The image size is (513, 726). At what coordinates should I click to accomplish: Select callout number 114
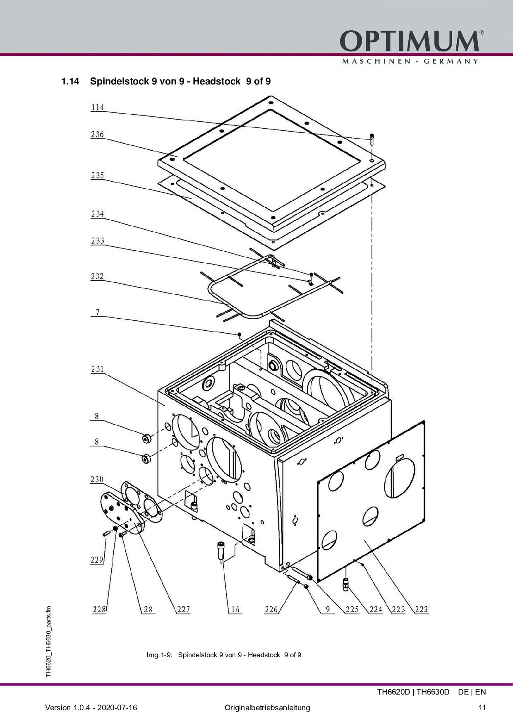click(x=98, y=107)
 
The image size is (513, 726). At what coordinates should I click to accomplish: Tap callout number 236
click(x=98, y=135)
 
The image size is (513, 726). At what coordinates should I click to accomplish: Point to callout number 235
click(x=98, y=175)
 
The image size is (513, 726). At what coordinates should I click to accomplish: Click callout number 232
click(x=98, y=276)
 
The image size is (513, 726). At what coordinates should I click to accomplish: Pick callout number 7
click(x=98, y=312)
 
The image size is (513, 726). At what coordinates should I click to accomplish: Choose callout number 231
click(x=98, y=369)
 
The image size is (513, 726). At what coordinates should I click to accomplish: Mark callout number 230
click(x=97, y=479)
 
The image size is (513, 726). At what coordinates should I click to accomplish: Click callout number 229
click(x=97, y=560)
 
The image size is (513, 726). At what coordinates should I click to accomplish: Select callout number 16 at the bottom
click(x=235, y=609)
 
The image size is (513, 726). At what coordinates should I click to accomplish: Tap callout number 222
click(x=422, y=609)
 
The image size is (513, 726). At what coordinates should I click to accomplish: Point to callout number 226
click(x=271, y=609)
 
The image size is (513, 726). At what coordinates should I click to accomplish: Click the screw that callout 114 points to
click(x=372, y=139)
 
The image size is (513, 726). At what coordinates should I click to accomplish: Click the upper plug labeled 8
click(x=146, y=439)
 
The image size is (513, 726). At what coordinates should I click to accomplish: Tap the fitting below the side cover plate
click(x=346, y=585)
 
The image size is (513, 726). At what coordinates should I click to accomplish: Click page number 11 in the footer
click(x=482, y=708)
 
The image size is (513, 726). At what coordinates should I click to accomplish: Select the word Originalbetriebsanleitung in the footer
click(x=267, y=708)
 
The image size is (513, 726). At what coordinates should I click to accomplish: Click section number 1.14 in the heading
click(x=70, y=81)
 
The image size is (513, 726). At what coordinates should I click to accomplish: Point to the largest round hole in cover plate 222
click(x=400, y=478)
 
